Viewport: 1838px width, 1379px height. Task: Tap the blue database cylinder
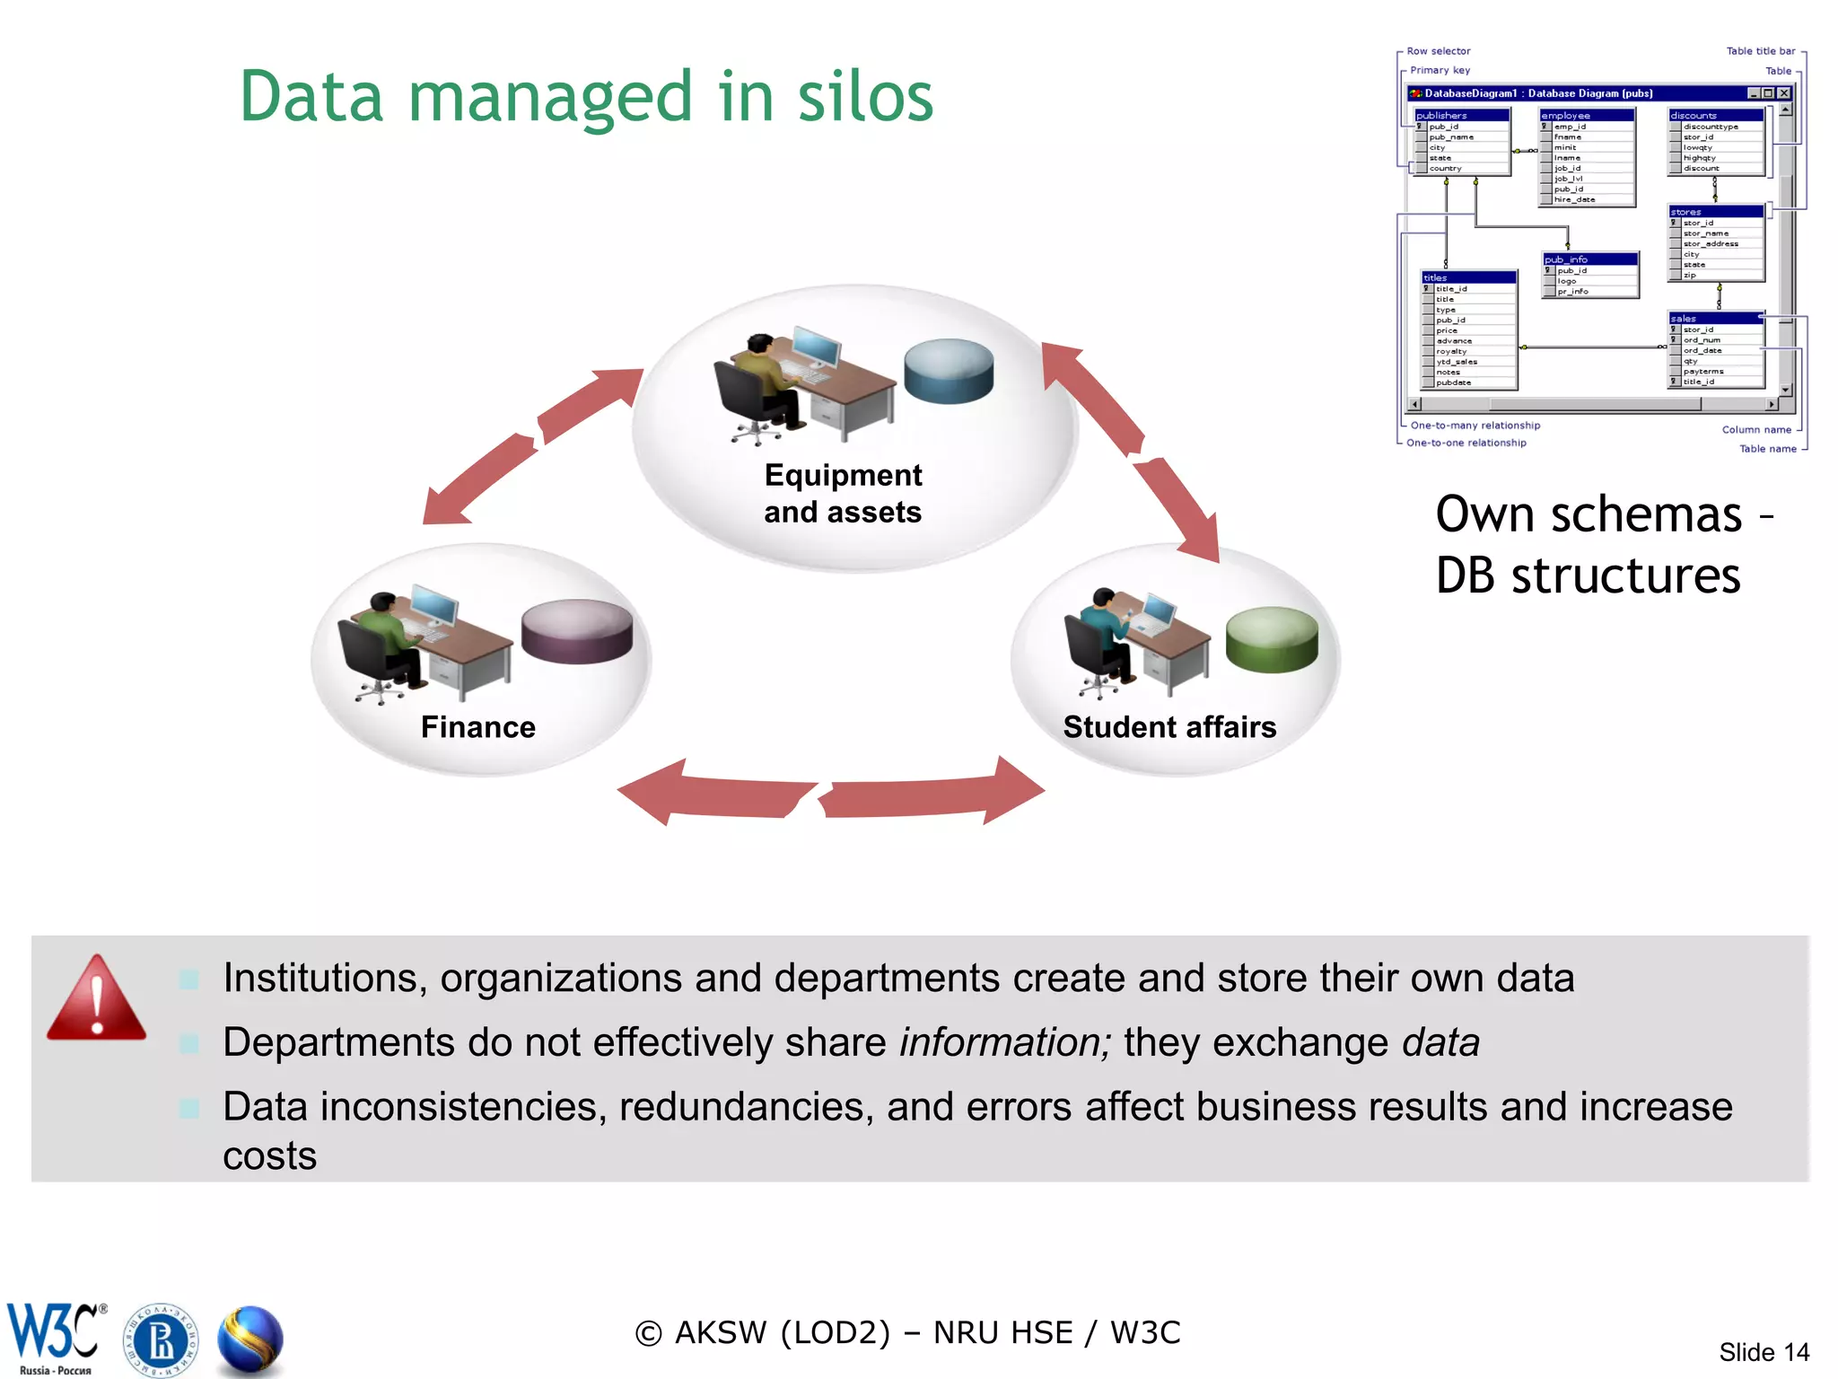(949, 370)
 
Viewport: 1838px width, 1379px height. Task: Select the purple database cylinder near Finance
(577, 630)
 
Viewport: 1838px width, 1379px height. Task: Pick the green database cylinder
(1272, 639)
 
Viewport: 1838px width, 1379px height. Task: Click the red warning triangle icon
(96, 998)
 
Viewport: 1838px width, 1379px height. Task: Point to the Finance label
(478, 726)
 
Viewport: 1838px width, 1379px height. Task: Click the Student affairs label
(1169, 726)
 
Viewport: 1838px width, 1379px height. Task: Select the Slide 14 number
(1764, 1352)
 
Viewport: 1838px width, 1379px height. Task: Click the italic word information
(1004, 1042)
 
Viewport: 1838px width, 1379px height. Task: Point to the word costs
(269, 1155)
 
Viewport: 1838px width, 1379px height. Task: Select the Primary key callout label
(1440, 70)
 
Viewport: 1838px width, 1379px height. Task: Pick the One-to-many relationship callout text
(1475, 426)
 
